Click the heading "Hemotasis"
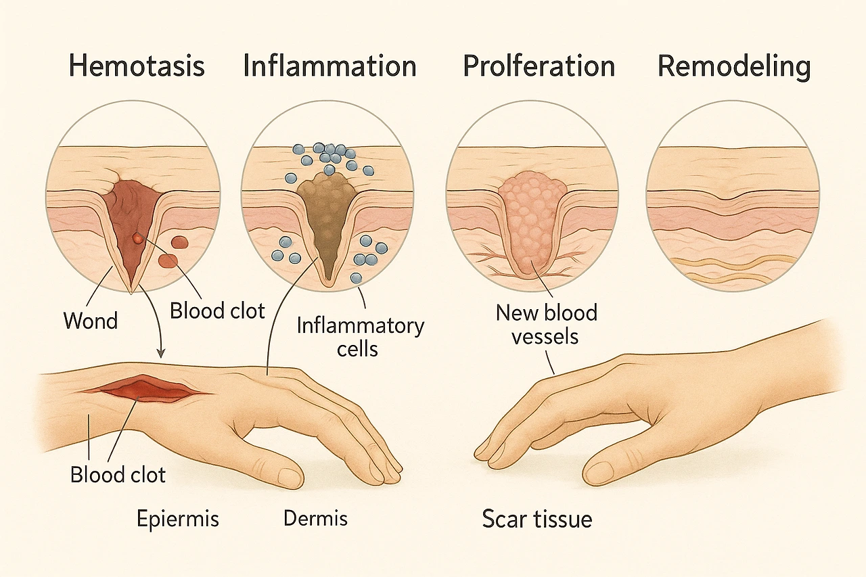point(137,67)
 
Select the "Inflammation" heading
point(329,67)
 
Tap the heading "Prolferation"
point(539,67)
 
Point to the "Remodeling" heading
point(734,67)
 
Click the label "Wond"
point(91,320)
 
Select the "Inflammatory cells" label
point(360,337)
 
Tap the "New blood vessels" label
point(546,324)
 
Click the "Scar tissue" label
point(537,519)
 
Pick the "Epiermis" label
point(178,519)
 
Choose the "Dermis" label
point(315,519)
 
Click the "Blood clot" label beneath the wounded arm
point(118,475)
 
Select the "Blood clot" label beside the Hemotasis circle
point(217,310)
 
